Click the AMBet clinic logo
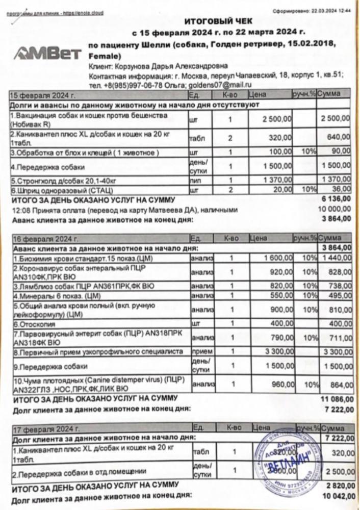[x=48, y=53]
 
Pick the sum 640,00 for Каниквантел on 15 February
[x=339, y=138]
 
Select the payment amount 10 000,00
[x=335, y=209]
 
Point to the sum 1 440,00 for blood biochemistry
[x=336, y=259]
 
